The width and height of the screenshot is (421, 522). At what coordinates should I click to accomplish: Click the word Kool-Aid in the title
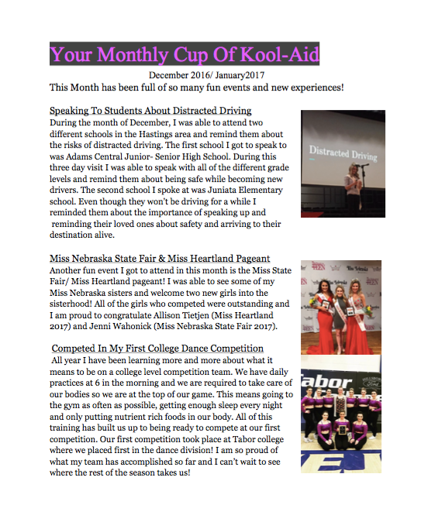(276, 55)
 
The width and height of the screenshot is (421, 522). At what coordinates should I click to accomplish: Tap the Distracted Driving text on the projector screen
(343, 153)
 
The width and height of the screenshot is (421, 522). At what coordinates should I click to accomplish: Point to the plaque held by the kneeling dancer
(339, 446)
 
